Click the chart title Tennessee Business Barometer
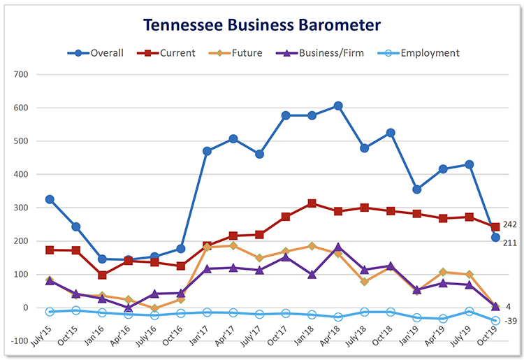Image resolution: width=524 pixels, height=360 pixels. (262, 25)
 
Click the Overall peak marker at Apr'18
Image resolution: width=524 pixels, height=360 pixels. (338, 106)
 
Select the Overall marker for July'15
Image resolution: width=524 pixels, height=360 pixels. (50, 199)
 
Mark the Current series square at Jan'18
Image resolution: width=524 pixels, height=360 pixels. (312, 203)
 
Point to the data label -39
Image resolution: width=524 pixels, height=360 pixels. (511, 320)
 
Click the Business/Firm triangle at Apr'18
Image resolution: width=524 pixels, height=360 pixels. (338, 247)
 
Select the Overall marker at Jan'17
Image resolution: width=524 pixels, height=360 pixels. (207, 151)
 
